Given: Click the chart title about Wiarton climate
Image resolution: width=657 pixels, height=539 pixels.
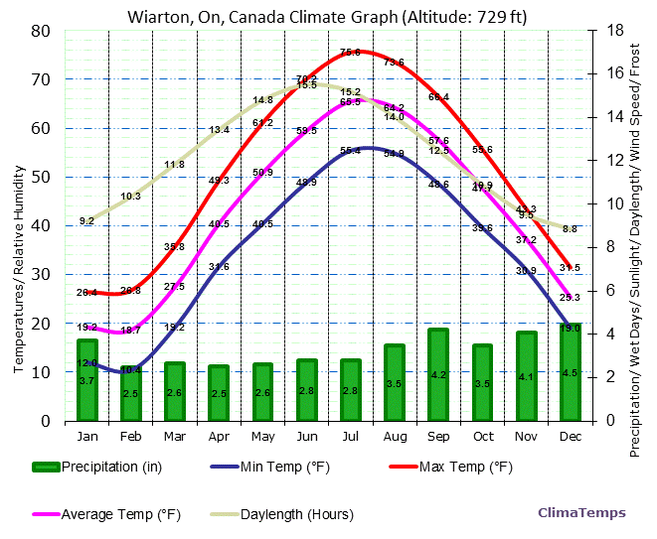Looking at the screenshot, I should tap(327, 17).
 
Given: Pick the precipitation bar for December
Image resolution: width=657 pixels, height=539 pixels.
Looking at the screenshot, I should tap(570, 372).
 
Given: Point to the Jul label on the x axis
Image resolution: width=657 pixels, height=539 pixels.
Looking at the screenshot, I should tap(350, 437).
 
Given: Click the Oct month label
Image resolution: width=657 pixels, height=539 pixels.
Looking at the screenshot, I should tap(482, 437).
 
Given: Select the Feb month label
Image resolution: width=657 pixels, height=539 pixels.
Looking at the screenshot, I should tap(131, 437).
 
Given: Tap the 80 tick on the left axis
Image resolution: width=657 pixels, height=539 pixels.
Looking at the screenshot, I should tap(41, 31).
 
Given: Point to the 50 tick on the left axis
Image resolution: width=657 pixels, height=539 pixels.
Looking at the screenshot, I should tap(41, 177).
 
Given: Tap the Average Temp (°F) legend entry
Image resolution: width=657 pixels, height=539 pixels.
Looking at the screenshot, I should tap(109, 514).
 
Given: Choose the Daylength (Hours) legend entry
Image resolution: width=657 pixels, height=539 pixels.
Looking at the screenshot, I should tap(282, 514).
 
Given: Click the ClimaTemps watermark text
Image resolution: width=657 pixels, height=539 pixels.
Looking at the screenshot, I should tap(581, 513).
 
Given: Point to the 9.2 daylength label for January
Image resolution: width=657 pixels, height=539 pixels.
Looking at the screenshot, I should tap(87, 220).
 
